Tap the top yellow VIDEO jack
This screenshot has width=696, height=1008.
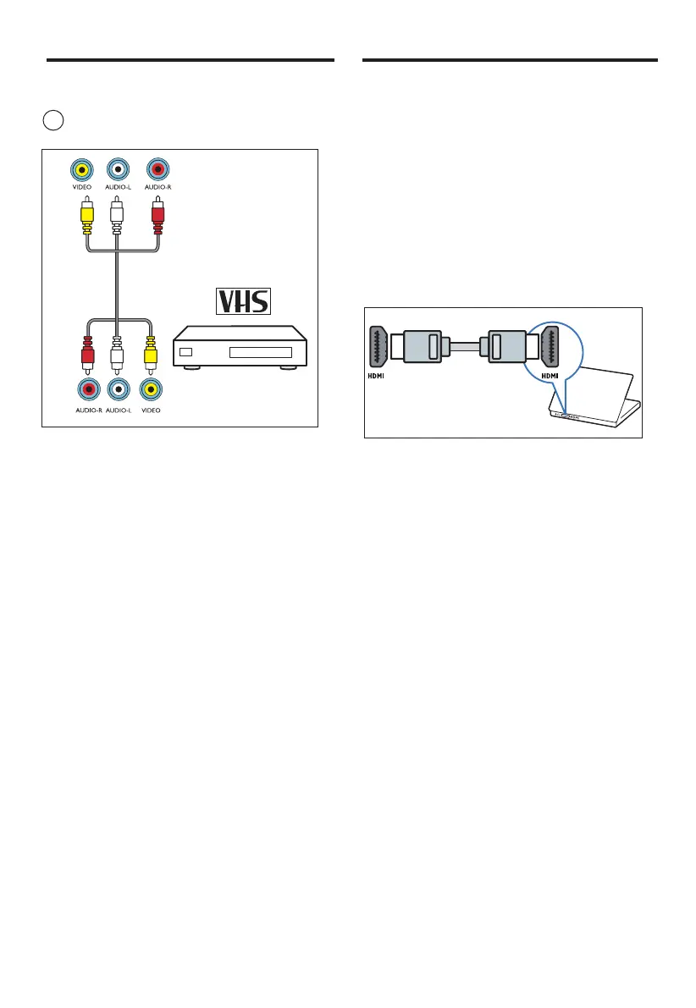click(82, 168)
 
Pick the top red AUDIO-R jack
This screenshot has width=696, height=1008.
click(157, 168)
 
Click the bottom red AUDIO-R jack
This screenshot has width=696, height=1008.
click(86, 389)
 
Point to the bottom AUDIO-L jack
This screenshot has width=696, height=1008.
click(119, 389)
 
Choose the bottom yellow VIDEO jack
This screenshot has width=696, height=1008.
click(152, 389)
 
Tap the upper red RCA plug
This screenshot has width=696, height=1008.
click(157, 215)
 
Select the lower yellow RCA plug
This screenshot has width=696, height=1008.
click(152, 348)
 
